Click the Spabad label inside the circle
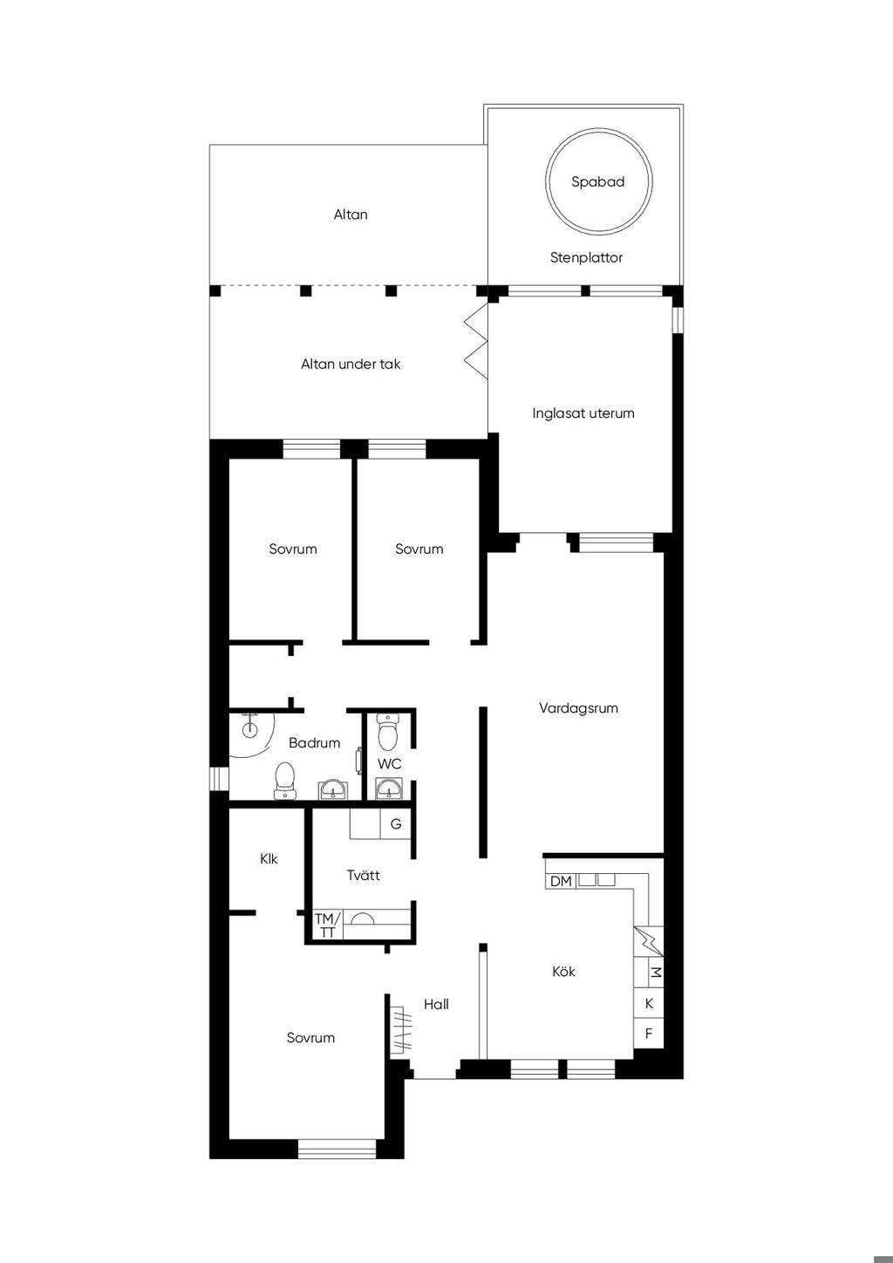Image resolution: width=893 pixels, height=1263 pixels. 597,182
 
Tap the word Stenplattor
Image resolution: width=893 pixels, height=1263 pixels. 586,257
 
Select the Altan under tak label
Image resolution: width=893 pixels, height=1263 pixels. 351,365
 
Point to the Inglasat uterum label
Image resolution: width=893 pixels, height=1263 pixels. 583,413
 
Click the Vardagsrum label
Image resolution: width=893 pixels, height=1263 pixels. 578,708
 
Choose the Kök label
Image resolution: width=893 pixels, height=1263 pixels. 563,972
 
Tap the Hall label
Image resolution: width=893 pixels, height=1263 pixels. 436,1004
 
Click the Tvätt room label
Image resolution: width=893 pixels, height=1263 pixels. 363,876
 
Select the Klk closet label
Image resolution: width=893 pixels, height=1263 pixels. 269,859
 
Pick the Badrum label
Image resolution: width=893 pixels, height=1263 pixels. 315,743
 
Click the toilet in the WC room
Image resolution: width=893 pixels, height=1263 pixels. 387,731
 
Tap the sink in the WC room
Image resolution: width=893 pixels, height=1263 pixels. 387,789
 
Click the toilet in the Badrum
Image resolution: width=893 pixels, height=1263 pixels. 284,781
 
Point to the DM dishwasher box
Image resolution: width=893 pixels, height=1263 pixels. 561,881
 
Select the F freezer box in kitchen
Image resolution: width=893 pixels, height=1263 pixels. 648,1034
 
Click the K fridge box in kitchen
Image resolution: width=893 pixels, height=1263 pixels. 648,1004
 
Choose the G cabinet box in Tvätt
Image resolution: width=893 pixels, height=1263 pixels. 396,824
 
